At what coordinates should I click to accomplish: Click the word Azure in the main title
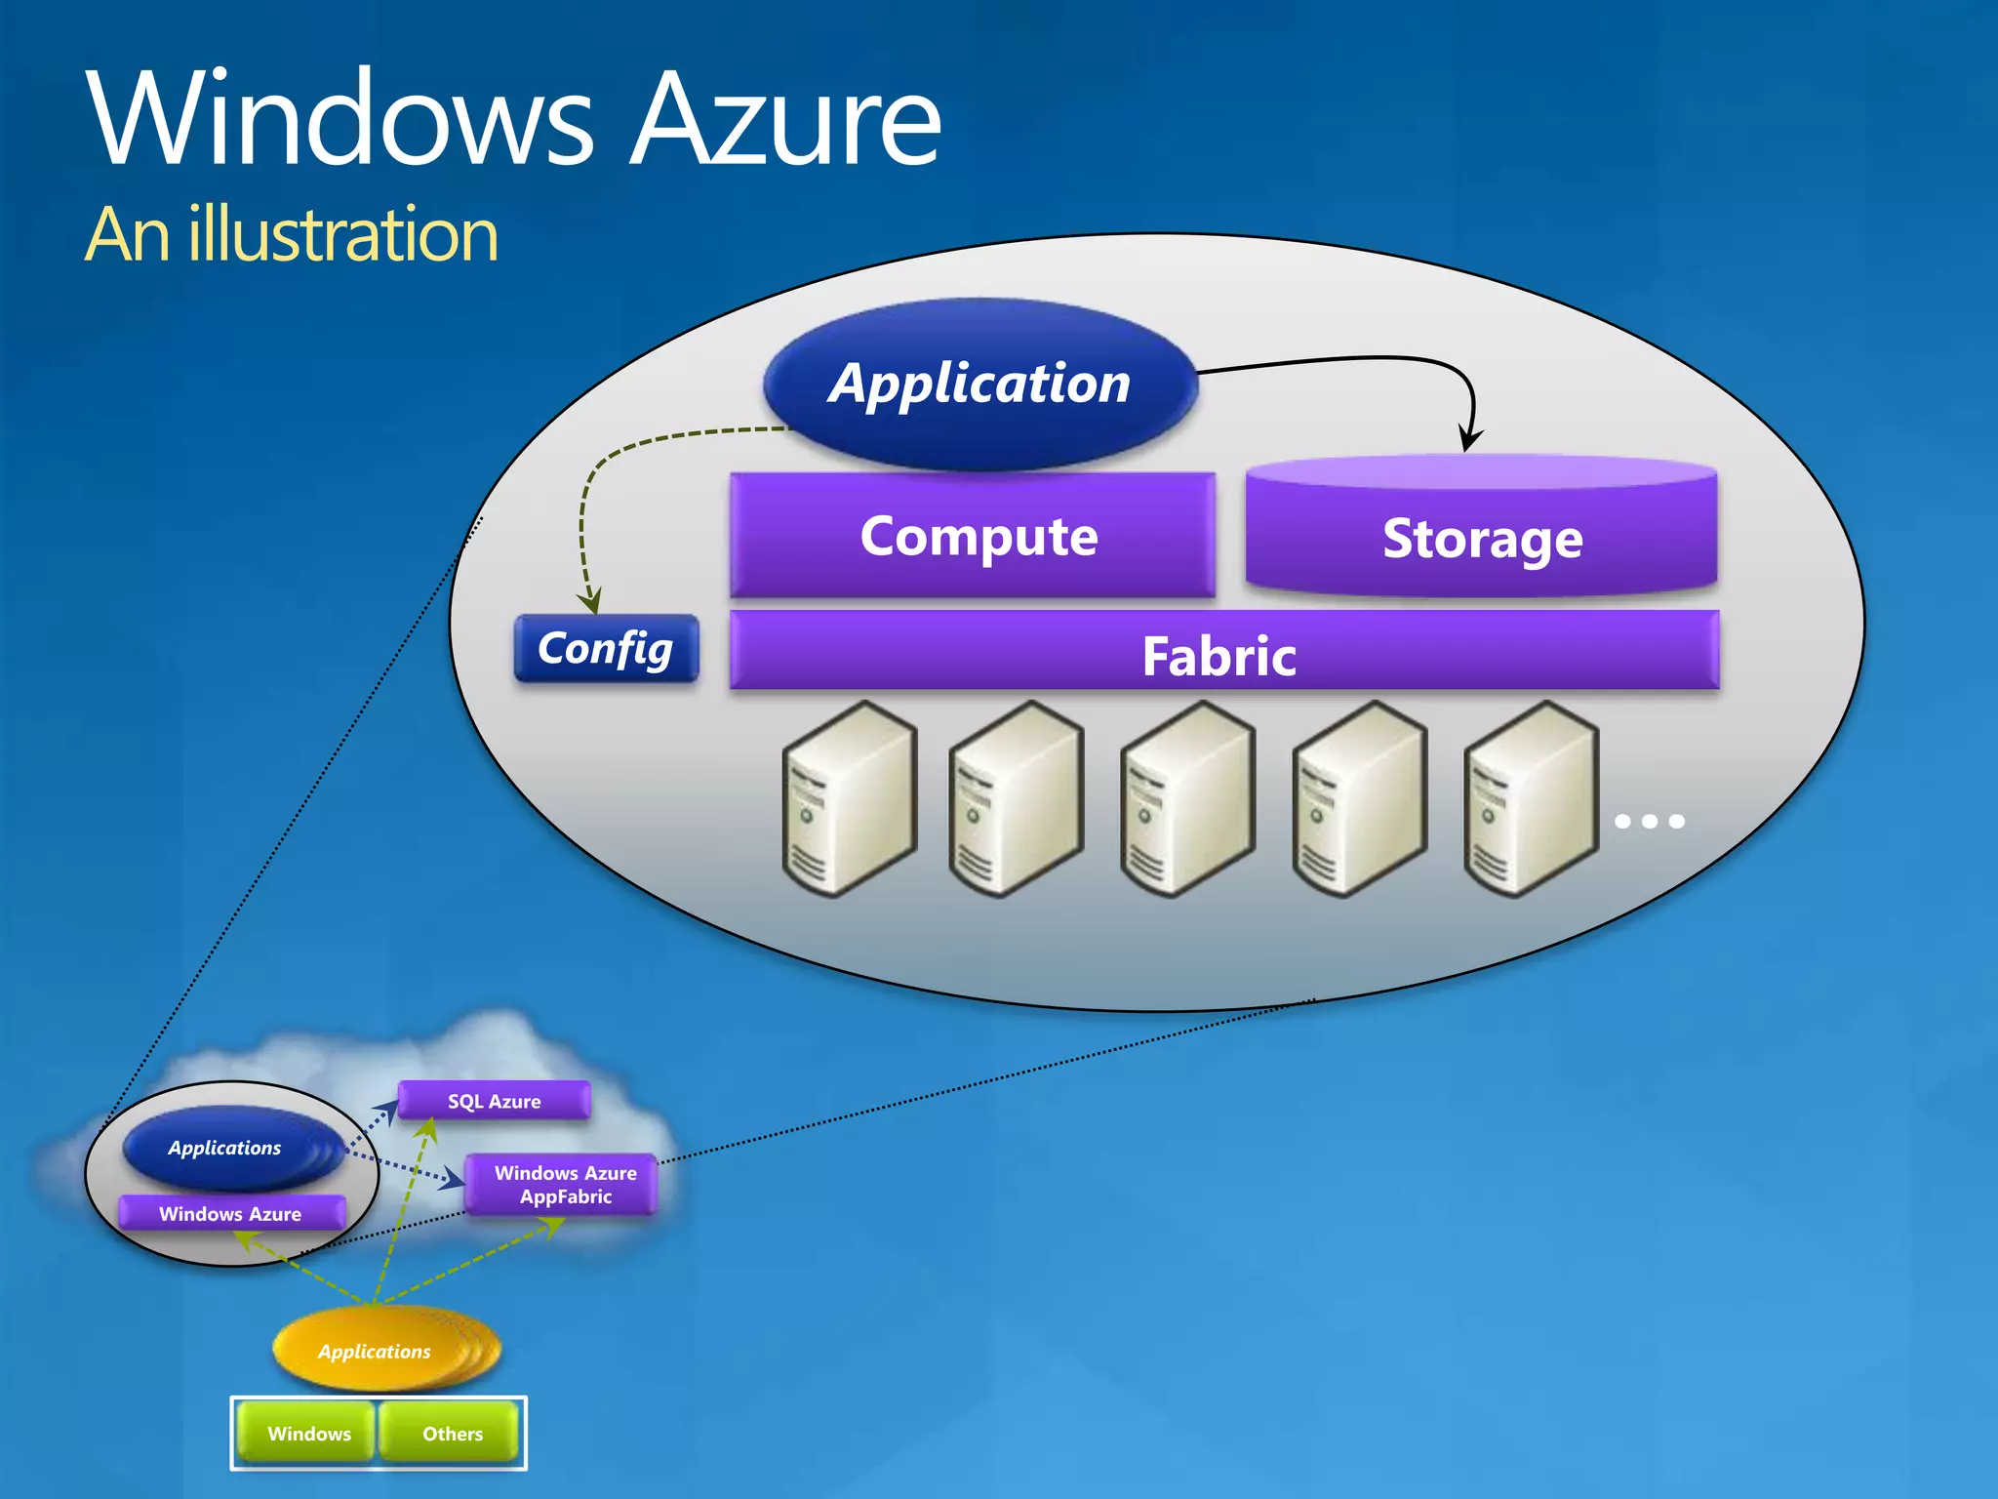click(x=785, y=122)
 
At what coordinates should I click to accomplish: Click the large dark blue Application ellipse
click(x=979, y=384)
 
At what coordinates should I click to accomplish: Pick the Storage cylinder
click(x=1481, y=536)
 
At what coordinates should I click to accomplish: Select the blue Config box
click(x=606, y=649)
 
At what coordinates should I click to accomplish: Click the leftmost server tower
click(x=848, y=798)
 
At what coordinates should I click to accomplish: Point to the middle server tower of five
click(x=1187, y=798)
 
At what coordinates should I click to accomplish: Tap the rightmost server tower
click(x=1529, y=798)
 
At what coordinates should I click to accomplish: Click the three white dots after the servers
click(x=1649, y=821)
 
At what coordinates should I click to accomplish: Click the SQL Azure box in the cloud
click(x=494, y=1101)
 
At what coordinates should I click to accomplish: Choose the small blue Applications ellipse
click(x=225, y=1148)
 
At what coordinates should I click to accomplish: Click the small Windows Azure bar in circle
click(x=231, y=1213)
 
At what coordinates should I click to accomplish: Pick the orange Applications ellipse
click(x=376, y=1351)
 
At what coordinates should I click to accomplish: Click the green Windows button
click(x=307, y=1433)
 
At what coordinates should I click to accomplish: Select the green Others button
click(x=451, y=1433)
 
